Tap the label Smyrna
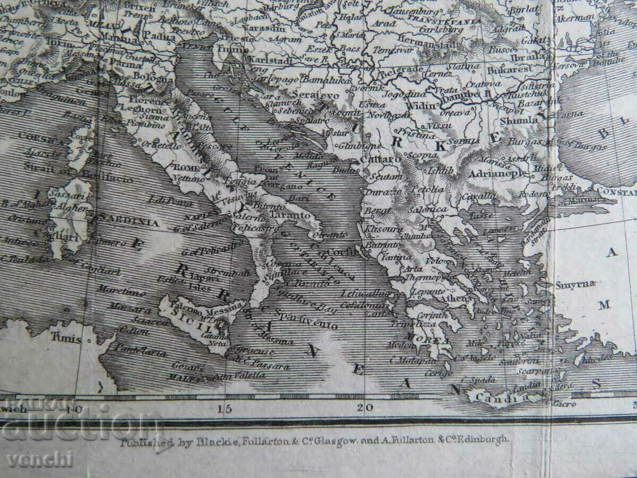point(575,284)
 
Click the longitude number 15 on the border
point(225,408)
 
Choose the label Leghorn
point(137,108)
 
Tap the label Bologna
point(143,76)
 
